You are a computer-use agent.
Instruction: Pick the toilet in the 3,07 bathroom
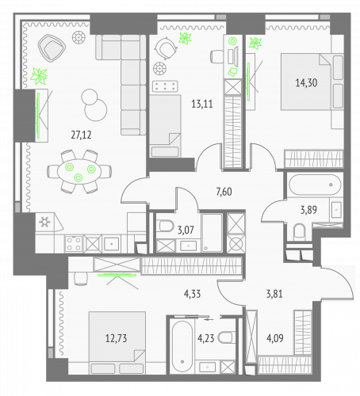point(165,227)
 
